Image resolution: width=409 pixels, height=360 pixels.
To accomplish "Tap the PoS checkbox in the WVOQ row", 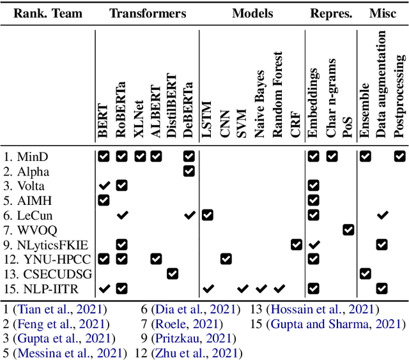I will coord(348,230).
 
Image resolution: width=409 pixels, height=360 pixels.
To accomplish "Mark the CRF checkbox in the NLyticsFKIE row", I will coord(296,244).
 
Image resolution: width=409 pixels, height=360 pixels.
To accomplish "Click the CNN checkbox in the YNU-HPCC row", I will coord(226,259).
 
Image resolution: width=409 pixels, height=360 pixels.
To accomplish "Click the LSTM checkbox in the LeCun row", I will coord(207,215).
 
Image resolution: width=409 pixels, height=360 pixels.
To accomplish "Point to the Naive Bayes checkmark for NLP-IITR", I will coord(261,288).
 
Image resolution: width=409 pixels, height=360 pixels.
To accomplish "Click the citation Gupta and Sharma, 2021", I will coord(339,324).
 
